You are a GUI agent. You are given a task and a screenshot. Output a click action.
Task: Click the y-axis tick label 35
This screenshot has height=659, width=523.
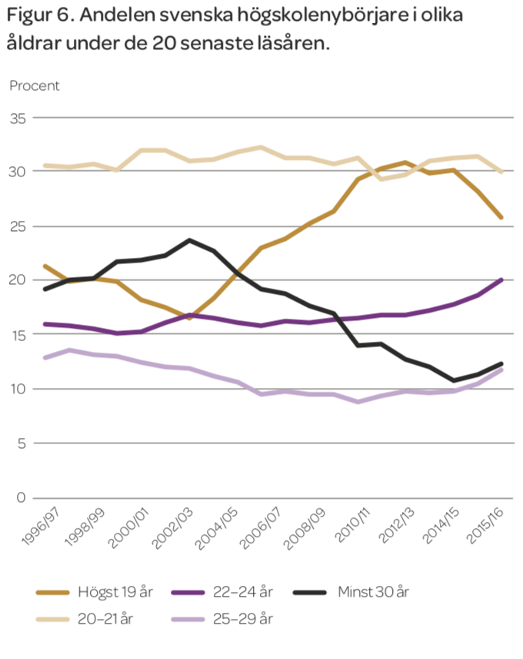coord(17,119)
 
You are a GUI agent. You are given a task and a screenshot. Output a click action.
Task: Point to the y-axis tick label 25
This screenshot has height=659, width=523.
coord(17,227)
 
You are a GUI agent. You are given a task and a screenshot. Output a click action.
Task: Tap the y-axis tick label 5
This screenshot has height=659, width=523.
coord(21,443)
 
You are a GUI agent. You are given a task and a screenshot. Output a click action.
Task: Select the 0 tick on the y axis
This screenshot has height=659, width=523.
coord(21,498)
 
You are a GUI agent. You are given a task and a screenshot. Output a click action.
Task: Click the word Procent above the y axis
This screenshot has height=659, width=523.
coord(35,85)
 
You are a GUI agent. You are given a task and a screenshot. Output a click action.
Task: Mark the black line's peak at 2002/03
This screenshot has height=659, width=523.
coord(188,240)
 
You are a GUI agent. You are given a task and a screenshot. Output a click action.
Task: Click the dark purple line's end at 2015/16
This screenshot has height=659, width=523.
coord(502,279)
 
